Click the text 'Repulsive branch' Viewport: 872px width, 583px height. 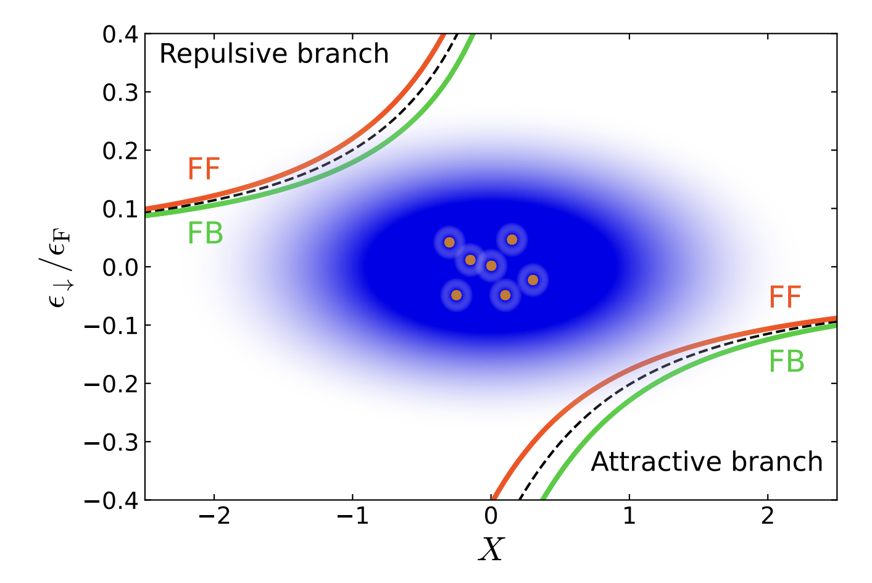(x=274, y=54)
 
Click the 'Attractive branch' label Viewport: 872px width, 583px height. (x=707, y=462)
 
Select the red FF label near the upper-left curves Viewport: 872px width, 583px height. (x=204, y=169)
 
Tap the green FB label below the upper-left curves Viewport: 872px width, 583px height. (x=205, y=233)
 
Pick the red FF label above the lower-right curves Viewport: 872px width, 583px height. (x=785, y=297)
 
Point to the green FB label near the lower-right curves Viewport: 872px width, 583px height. (x=786, y=361)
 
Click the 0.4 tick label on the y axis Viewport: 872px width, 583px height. (x=120, y=35)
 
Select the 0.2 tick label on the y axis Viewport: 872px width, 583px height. (x=120, y=151)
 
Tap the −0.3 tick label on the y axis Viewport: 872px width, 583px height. (x=111, y=443)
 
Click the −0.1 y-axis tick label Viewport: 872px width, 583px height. (x=111, y=326)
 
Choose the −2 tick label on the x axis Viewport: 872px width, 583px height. (x=214, y=516)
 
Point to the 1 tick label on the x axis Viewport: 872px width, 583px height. (x=629, y=516)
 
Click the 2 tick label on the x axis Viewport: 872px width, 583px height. (x=768, y=516)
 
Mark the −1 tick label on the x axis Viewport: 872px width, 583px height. (x=352, y=516)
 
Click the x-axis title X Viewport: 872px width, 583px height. (x=491, y=550)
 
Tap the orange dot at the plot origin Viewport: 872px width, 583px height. (x=491, y=266)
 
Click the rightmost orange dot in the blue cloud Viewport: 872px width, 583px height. (x=533, y=280)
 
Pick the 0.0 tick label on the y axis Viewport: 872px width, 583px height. (x=120, y=268)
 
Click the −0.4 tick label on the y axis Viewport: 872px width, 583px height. (x=111, y=501)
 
